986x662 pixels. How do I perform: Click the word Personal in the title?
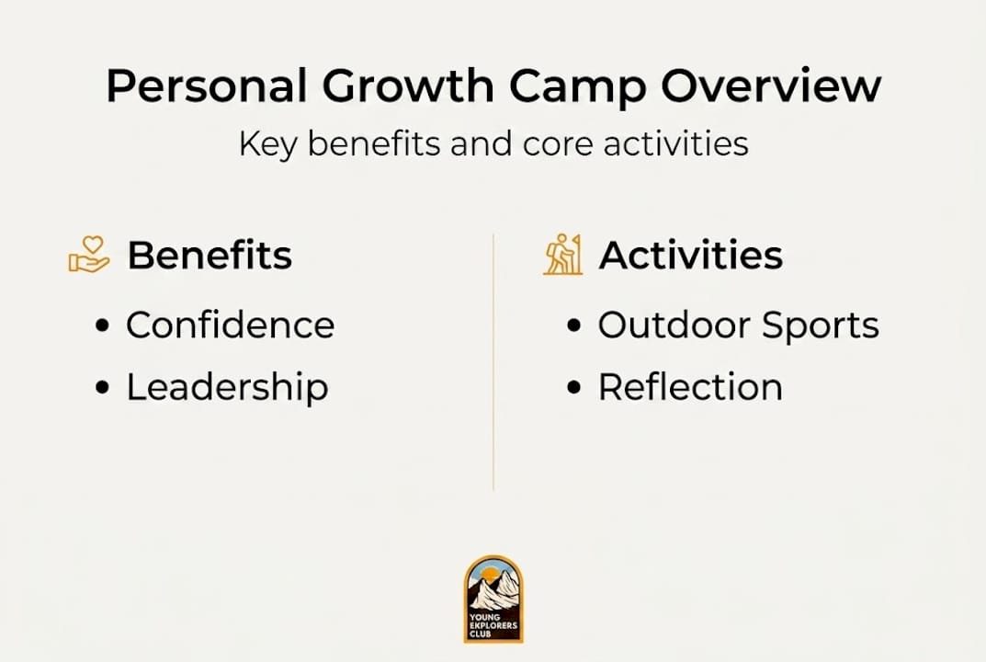click(x=206, y=87)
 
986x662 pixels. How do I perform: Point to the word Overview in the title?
click(x=770, y=87)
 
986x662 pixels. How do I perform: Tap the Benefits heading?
click(x=210, y=256)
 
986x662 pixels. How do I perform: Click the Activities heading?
click(x=691, y=256)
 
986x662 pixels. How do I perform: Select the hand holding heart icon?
click(x=89, y=255)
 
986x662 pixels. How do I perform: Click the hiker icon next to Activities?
click(x=562, y=255)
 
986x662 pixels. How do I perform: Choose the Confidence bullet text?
click(x=231, y=325)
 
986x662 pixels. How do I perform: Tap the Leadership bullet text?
click(x=227, y=387)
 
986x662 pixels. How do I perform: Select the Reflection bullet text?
click(x=690, y=387)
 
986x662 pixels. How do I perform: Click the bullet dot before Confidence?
click(x=103, y=325)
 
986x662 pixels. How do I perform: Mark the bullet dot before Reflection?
click(x=575, y=388)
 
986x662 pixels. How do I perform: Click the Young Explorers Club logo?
click(x=493, y=599)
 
